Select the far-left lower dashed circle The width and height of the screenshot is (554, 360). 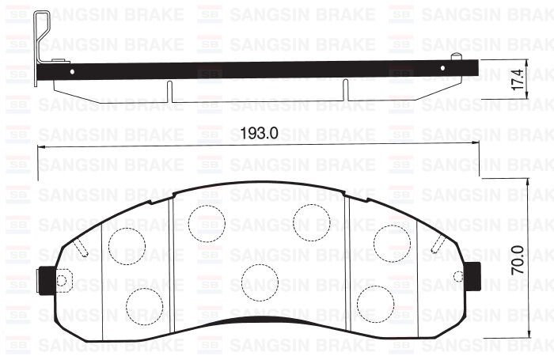[x=144, y=302]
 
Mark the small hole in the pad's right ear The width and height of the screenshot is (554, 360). [x=458, y=275]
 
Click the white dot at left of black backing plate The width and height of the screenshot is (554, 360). [x=73, y=71]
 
